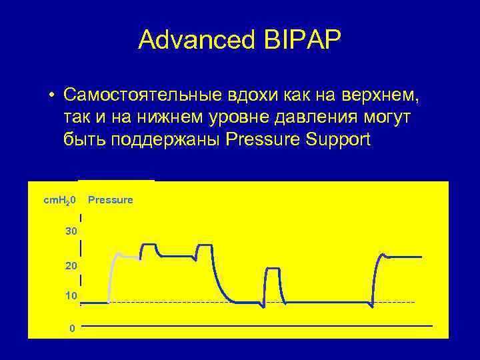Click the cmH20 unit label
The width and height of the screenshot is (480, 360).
tap(60, 200)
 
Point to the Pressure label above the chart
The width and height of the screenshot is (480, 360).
tap(111, 200)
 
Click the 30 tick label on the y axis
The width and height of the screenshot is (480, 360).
tap(71, 231)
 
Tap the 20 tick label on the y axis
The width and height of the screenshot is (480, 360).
tap(71, 266)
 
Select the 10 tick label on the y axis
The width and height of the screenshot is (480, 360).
tap(71, 295)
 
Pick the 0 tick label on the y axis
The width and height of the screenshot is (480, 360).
tap(72, 328)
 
